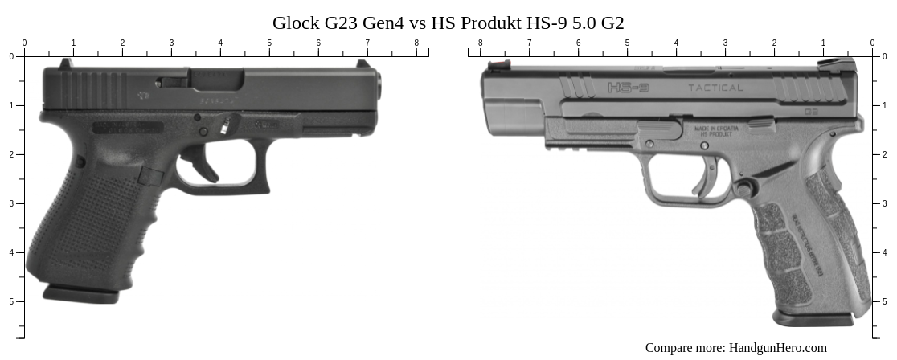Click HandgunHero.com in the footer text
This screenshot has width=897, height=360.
tap(777, 348)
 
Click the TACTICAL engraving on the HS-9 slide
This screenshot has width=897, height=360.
tap(715, 88)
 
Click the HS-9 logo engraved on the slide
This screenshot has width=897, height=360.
tap(628, 87)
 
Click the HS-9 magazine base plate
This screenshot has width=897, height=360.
tap(813, 318)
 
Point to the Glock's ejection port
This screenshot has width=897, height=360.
tap(201, 80)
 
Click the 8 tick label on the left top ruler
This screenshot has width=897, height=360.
tap(416, 43)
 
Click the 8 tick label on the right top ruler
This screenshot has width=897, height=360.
tap(480, 43)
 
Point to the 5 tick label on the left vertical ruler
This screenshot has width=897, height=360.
tap(11, 301)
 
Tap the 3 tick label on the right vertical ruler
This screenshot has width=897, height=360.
tap(885, 203)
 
